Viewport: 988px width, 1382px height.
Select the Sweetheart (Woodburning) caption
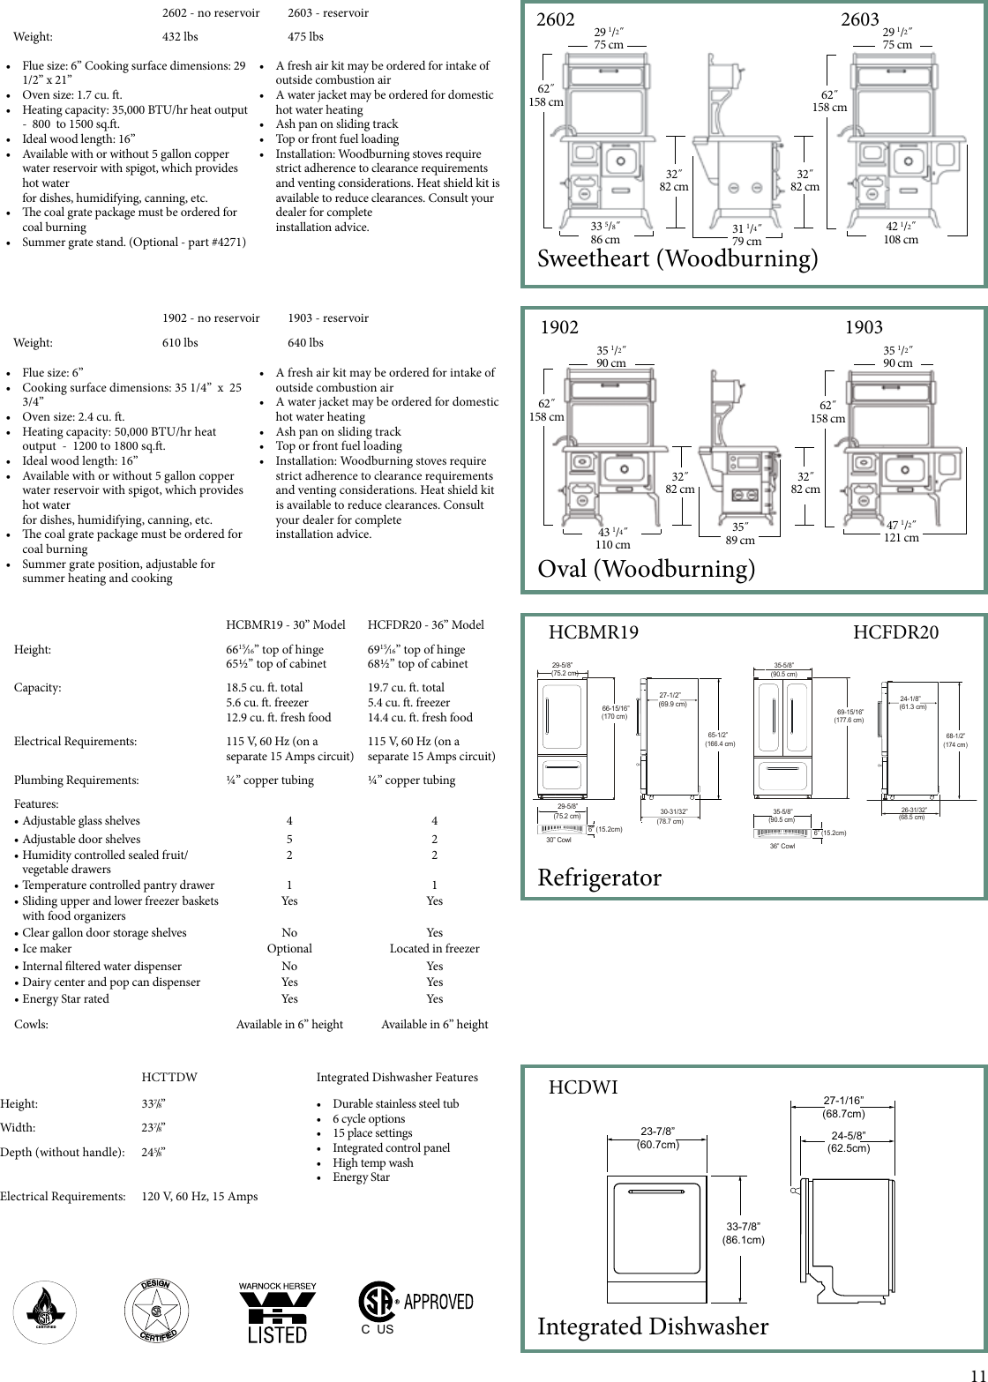point(677,258)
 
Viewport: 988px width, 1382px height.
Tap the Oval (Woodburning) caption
point(647,569)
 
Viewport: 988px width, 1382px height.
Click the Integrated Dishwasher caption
point(653,1326)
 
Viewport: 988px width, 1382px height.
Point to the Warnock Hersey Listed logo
point(277,1313)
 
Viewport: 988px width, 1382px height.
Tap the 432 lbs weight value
point(180,37)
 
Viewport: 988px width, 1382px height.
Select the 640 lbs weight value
point(305,342)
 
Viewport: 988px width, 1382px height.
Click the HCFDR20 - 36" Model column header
point(425,624)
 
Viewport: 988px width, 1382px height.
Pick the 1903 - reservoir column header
point(328,317)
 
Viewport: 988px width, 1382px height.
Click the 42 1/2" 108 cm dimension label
point(901,233)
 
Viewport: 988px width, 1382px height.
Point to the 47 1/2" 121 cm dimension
point(901,531)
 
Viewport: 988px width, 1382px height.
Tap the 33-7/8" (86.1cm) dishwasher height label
point(743,1233)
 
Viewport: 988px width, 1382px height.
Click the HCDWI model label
point(583,1087)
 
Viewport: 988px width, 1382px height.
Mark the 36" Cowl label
point(782,847)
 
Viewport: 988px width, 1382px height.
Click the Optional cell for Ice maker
point(289,948)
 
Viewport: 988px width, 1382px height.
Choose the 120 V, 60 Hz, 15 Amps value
point(199,1196)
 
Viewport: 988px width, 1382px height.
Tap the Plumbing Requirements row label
point(76,780)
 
